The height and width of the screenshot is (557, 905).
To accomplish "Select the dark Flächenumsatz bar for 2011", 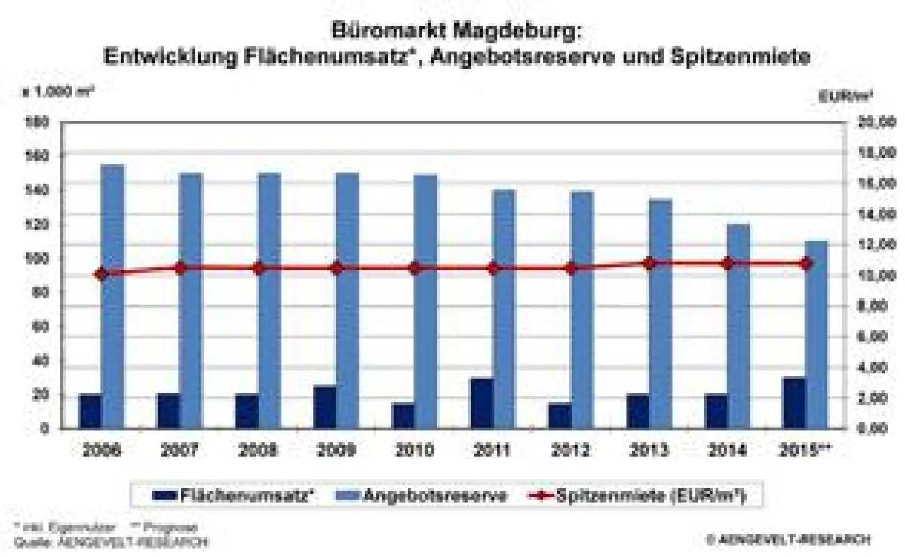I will tap(482, 403).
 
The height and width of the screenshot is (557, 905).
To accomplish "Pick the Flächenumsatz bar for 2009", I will tap(325, 407).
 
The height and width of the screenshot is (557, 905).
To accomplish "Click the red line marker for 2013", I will tap(649, 263).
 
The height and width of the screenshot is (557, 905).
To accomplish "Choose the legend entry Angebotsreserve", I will tap(434, 496).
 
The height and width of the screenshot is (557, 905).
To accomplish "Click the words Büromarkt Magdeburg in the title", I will tap(456, 32).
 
